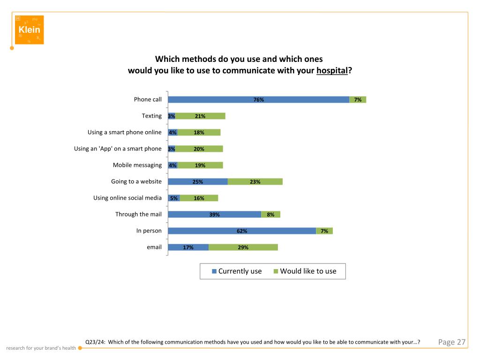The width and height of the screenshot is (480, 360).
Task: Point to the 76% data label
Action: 259,100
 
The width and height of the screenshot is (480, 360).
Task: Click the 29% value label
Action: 243,247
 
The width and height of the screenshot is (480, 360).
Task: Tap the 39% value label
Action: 215,215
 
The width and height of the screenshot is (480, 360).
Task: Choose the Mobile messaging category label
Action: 137,165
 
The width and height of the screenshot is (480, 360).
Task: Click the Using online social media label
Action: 127,198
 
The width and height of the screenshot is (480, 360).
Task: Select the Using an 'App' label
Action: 118,149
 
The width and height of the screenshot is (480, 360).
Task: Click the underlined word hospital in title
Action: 332,71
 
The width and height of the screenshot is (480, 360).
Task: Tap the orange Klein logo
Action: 29,30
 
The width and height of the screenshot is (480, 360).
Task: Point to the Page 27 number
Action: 451,342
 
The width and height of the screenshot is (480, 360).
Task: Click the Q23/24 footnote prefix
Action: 96,342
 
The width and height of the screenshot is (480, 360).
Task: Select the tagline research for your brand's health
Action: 41,348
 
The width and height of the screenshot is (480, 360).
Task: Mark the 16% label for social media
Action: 199,198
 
